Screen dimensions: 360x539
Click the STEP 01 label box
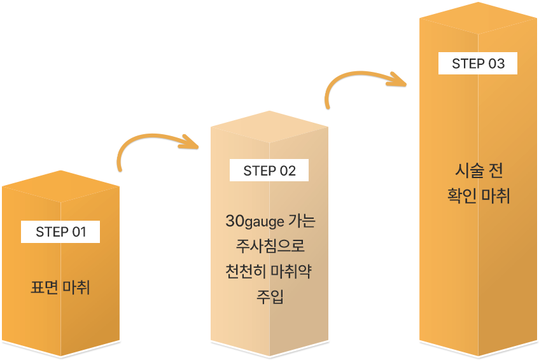coord(60,232)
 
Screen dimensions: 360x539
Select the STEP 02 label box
coord(269,170)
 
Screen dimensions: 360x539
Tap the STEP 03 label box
coord(477,64)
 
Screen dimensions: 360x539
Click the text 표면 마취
coord(60,287)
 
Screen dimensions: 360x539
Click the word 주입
coord(269,296)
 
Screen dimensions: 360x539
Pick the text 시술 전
coord(479,171)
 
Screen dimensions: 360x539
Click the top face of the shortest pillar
coord(60,185)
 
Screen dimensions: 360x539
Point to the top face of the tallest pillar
coord(477,16)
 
